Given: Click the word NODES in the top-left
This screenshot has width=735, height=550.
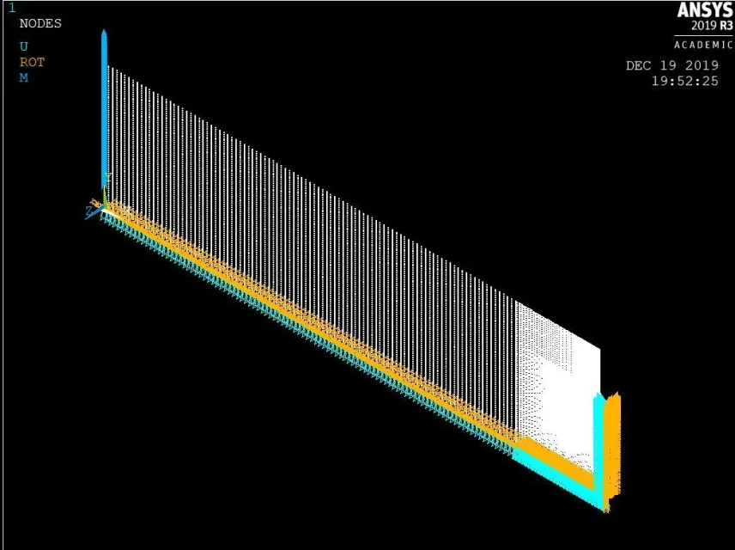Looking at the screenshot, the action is point(40,23).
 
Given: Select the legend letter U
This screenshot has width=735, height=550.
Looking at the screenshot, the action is point(24,46).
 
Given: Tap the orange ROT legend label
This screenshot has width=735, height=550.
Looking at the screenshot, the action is point(32,62).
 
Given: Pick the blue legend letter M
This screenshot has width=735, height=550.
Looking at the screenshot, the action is point(24,78).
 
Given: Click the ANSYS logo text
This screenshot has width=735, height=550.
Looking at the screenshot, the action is point(705,9).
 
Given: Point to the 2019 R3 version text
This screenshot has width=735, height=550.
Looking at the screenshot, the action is point(712,25).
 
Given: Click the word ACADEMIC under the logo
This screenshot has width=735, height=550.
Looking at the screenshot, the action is point(703,45).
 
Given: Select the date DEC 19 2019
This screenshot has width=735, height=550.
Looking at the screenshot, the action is point(672,65).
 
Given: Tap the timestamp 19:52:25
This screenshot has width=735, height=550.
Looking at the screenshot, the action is point(685,81).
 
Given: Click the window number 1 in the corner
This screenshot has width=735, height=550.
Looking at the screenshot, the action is point(12,8).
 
